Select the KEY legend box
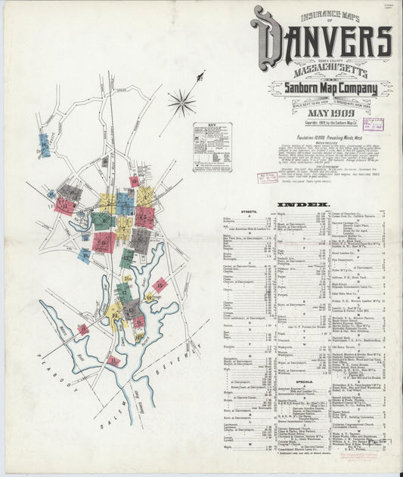point(211,148)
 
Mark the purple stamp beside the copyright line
point(372,125)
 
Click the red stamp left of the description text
point(268,178)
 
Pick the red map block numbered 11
point(64,205)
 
